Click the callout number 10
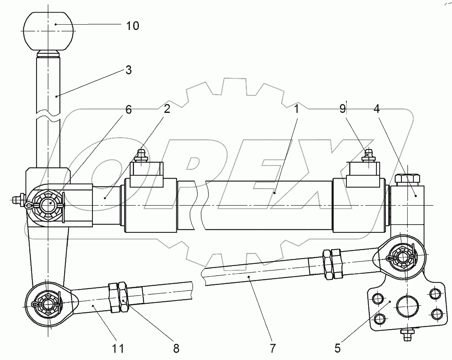pos(133,26)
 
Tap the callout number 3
pos(129,70)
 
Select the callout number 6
pos(129,110)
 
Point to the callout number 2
pos(167,109)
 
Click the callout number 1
pos(297,109)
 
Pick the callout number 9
pos(342,109)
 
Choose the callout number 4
pos(376,109)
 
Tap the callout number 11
pos(118,349)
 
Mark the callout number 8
pos(176,349)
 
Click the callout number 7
pos(272,349)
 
